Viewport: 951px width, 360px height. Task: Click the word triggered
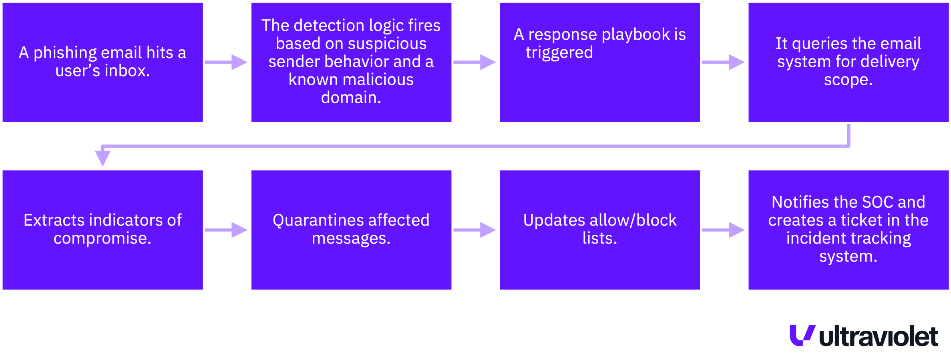[x=559, y=53]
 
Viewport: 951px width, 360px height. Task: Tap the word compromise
[x=102, y=238]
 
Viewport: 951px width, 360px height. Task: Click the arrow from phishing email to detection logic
[x=227, y=62]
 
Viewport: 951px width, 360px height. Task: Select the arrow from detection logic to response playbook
[x=475, y=62]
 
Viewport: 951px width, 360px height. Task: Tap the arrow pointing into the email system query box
[x=724, y=62]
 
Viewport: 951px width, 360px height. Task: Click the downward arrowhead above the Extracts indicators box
[x=103, y=158]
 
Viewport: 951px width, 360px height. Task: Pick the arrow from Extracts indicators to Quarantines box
[x=227, y=230]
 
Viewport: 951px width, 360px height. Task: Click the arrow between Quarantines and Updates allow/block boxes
[x=475, y=230]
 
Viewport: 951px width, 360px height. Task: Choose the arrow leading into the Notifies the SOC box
[x=724, y=230]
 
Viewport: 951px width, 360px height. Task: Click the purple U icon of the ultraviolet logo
[x=802, y=335]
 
